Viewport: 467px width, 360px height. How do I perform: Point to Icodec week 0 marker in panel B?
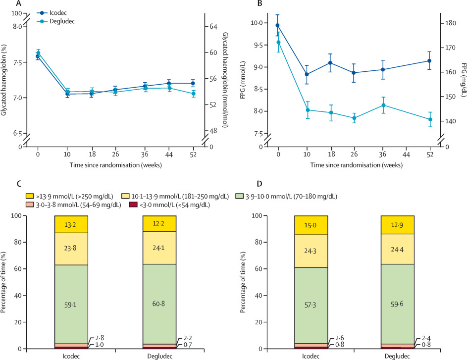pyautogui.click(x=278, y=25)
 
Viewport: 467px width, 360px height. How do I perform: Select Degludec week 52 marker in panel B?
pyautogui.click(x=429, y=119)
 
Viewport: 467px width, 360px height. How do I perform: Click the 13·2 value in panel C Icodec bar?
pyautogui.click(x=72, y=224)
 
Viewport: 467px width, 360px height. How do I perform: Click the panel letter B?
pyautogui.click(x=259, y=3)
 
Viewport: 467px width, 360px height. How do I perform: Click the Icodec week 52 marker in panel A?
pyautogui.click(x=193, y=83)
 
